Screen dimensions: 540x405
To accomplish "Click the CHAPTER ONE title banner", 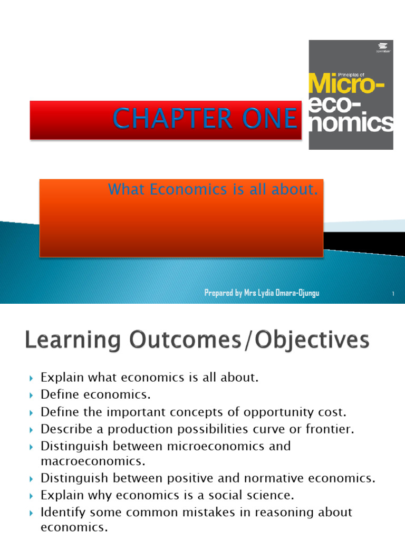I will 166,120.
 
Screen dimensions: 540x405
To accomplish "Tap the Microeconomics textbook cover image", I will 351,95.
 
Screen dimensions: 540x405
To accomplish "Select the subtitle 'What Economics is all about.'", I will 213,190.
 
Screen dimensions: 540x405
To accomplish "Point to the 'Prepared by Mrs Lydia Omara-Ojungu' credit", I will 262,293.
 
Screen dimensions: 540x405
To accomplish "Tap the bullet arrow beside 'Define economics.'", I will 31,395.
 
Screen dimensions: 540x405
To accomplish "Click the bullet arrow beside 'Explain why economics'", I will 31,496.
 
